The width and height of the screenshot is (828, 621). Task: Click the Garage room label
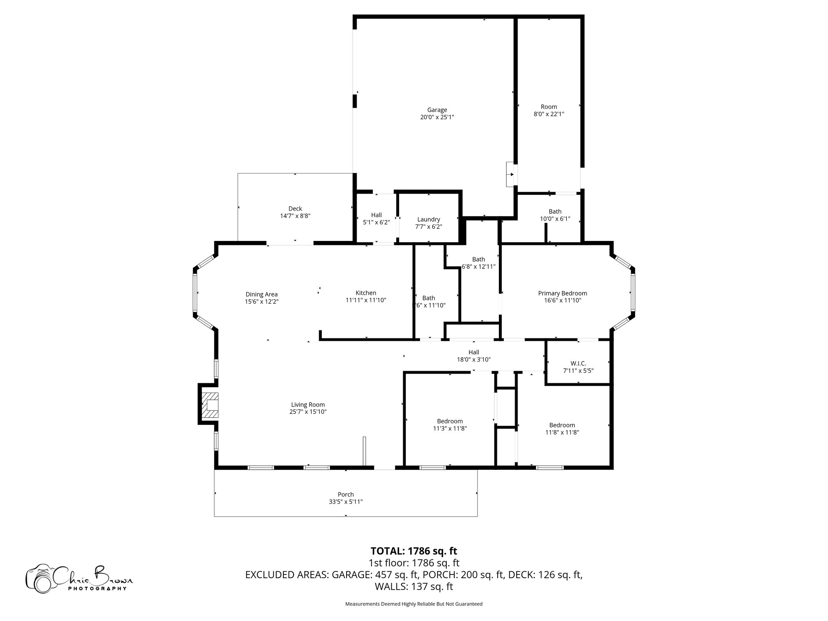[437, 110]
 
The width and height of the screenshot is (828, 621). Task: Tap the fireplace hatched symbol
[210, 405]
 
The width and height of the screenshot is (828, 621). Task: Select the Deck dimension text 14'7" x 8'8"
[295, 216]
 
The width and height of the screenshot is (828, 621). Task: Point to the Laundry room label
[429, 220]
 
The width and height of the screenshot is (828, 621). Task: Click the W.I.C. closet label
[578, 363]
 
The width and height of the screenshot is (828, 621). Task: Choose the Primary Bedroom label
[562, 293]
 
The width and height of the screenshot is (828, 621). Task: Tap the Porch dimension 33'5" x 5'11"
[346, 502]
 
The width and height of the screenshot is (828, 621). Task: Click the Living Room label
[308, 405]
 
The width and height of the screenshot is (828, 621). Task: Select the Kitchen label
[366, 293]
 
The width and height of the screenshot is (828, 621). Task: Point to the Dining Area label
[262, 294]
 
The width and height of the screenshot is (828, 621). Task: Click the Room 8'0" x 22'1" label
[549, 107]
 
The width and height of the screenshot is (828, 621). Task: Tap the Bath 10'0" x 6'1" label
[555, 211]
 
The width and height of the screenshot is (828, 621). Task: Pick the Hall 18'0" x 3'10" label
[474, 352]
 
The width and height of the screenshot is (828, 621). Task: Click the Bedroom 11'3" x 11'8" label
[450, 421]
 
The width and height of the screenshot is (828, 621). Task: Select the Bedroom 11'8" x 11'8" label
[562, 425]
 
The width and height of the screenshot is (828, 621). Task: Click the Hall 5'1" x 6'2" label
[376, 215]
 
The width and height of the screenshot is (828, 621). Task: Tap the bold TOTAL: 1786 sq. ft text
[414, 551]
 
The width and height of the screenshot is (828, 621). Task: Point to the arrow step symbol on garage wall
[511, 175]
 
